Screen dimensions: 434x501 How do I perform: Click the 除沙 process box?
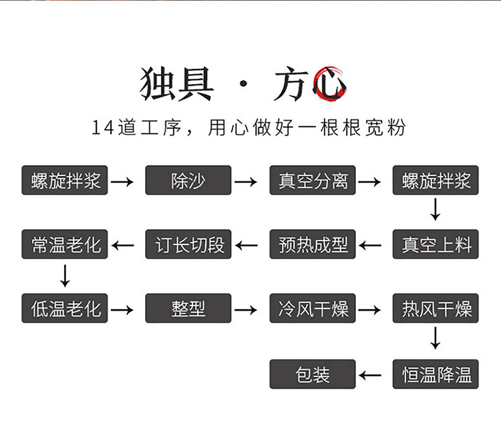pos(188,180)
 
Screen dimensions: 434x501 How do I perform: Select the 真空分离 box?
pos(313,180)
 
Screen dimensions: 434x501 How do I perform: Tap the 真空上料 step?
pos(436,244)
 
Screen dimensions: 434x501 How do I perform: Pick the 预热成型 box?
pos(313,244)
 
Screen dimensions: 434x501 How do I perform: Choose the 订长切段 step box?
pos(188,244)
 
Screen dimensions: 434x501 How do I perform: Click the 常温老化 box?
pos(65,244)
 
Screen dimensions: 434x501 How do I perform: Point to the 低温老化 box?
pos(65,308)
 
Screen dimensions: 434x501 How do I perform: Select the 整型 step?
pos(188,308)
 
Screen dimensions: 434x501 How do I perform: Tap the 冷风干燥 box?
pos(313,308)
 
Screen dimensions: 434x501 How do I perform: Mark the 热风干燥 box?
pos(436,308)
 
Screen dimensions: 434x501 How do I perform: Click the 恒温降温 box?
pos(436,374)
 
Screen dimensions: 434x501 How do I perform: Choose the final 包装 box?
pos(313,374)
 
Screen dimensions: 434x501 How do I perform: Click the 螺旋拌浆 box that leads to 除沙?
pos(65,180)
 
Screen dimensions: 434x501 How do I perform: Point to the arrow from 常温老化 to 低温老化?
pos(65,276)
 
